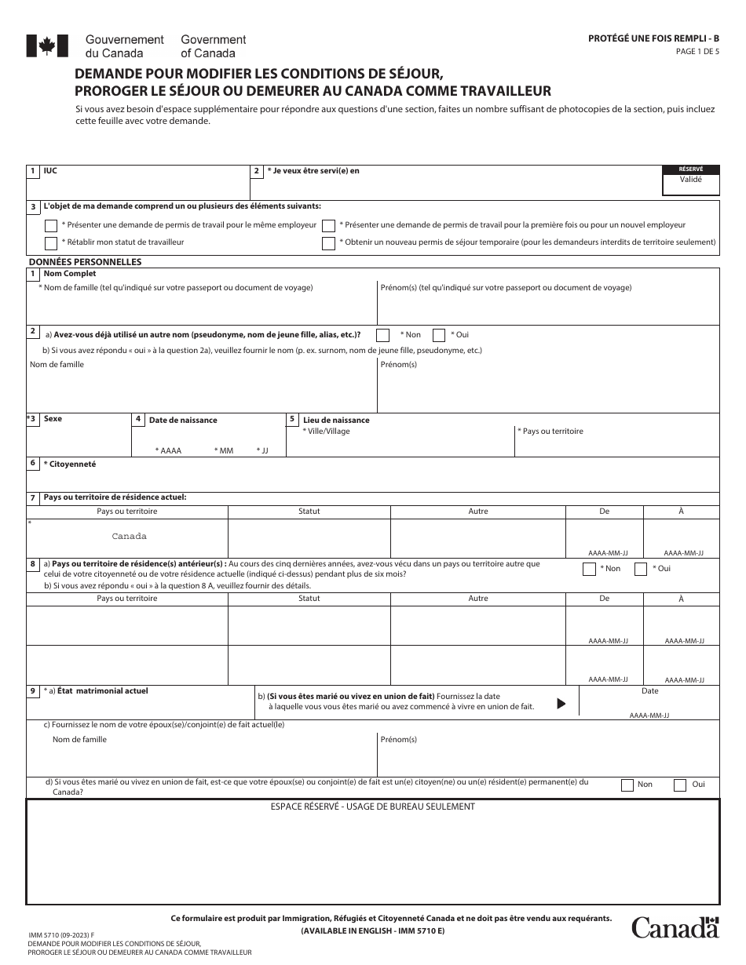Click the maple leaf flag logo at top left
[42, 46]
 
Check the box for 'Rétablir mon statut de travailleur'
[51, 243]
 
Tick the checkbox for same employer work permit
[51, 225]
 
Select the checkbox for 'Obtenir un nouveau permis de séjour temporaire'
[328, 243]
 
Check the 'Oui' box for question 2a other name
[439, 335]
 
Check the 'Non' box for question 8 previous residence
[589, 569]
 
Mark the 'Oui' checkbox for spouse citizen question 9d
[679, 785]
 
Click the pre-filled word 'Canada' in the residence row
[129, 537]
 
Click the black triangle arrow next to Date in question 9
[561, 704]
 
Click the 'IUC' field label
[51, 170]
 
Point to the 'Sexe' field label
[53, 419]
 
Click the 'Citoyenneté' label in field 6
[71, 464]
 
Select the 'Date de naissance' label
[183, 421]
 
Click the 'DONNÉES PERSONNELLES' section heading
[85, 262]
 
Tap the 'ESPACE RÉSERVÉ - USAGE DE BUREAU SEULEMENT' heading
[373, 807]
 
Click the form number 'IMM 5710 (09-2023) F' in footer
[60, 935]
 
